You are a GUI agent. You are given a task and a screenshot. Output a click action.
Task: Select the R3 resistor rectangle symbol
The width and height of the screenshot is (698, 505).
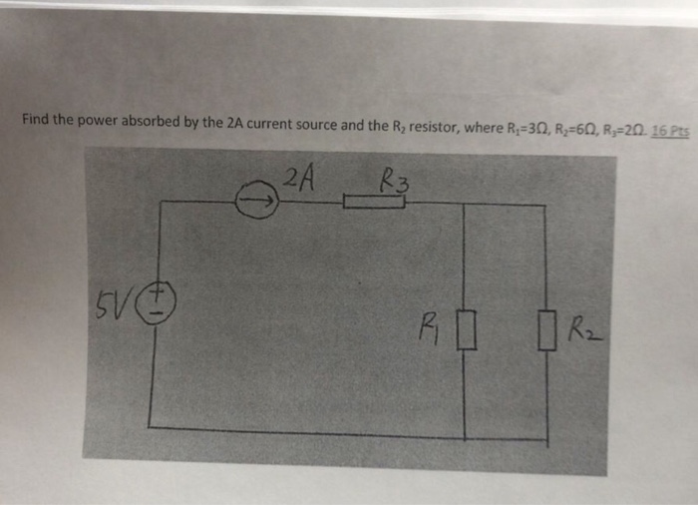(x=374, y=204)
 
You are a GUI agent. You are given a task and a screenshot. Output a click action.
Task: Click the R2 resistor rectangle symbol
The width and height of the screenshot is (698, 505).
(x=545, y=328)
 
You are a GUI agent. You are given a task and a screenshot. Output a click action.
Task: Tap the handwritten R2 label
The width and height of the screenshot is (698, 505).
(x=581, y=326)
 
